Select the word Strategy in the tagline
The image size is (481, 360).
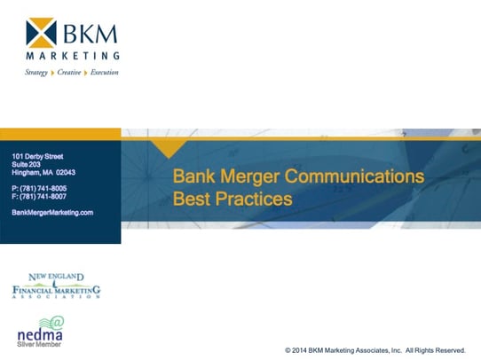[36, 73]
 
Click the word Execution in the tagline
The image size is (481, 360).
[104, 73]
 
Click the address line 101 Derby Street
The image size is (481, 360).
[38, 156]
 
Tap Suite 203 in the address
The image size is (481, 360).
[27, 164]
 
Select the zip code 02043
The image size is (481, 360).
[66, 173]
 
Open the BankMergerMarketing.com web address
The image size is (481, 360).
[52, 213]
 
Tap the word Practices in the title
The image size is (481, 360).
[256, 199]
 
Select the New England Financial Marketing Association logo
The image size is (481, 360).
[56, 286]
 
